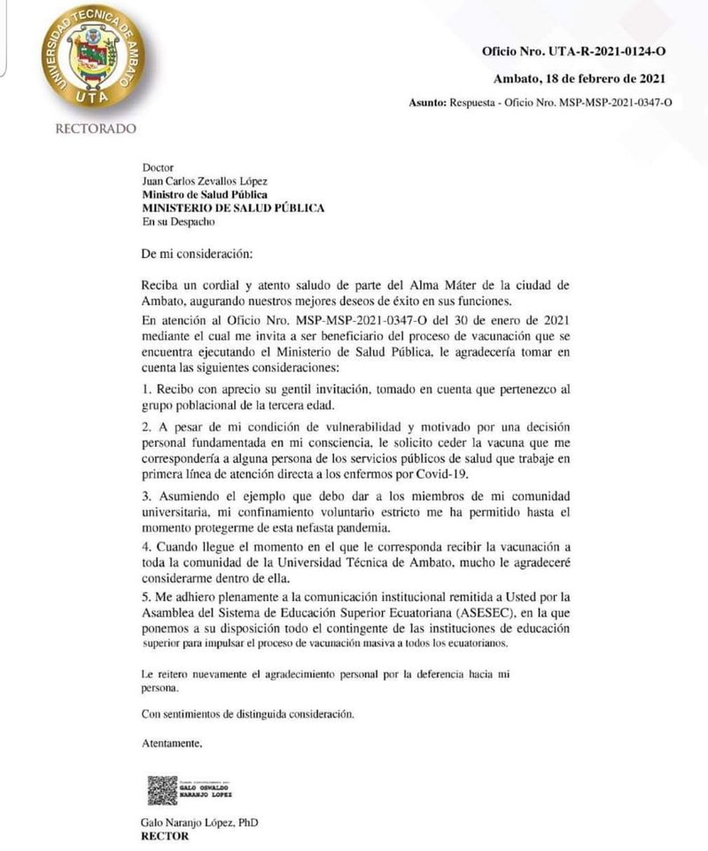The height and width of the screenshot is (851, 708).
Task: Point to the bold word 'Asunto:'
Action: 427,103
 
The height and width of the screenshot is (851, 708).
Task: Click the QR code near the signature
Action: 162,790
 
